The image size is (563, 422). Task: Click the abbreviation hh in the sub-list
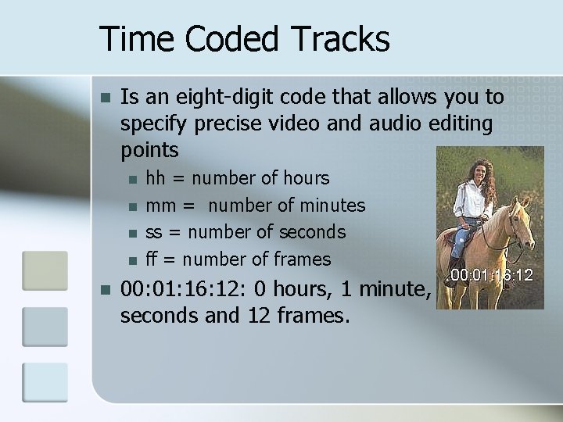(x=156, y=179)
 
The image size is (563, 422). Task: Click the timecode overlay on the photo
(x=490, y=275)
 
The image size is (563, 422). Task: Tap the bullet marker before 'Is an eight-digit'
(x=106, y=98)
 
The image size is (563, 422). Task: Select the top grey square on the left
(x=45, y=269)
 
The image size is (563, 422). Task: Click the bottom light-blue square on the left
(x=45, y=382)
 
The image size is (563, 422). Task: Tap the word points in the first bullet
(x=150, y=149)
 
